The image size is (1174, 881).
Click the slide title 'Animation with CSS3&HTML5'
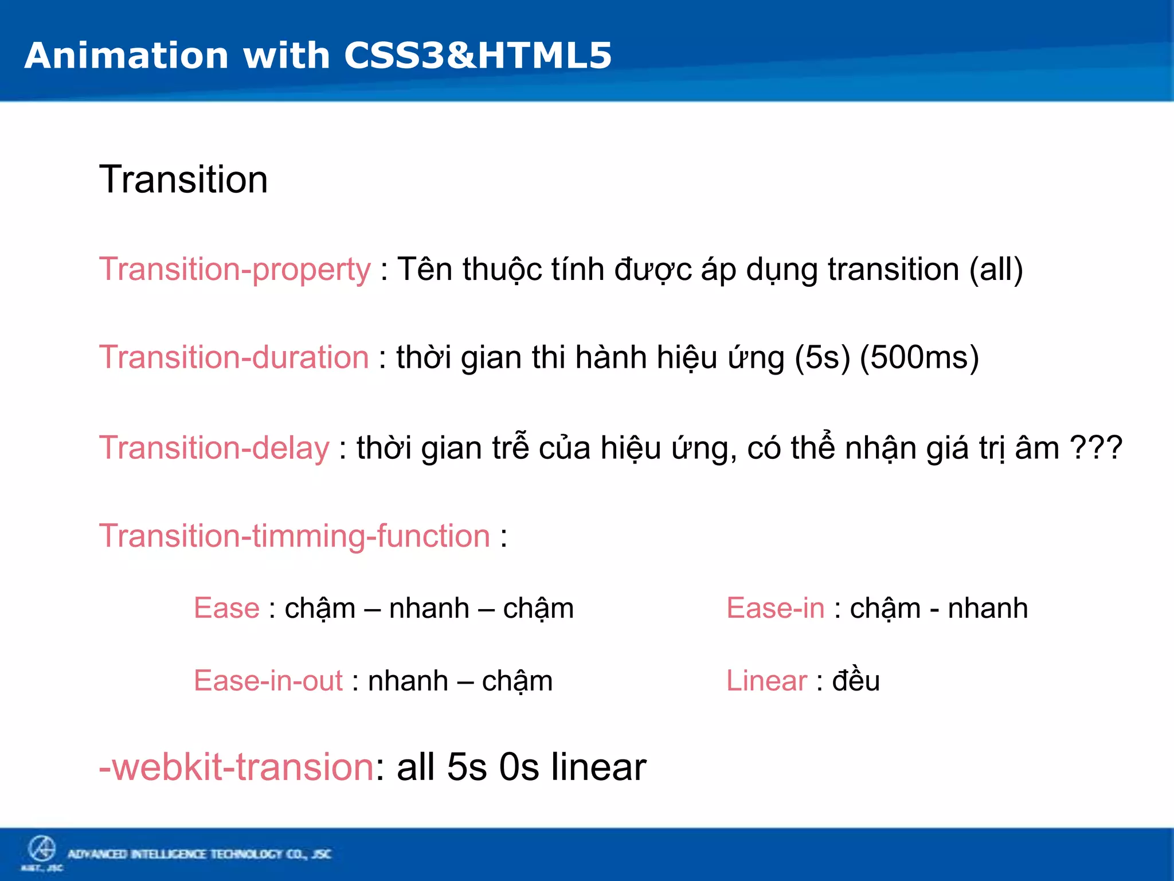(318, 56)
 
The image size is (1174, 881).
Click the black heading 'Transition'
(183, 180)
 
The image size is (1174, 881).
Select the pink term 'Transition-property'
(235, 270)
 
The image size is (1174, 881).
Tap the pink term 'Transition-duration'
(234, 357)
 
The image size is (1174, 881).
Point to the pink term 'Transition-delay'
(214, 448)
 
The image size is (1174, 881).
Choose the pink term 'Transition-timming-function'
(295, 536)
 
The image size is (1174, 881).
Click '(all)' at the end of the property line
(996, 270)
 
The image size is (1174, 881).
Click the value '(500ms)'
(919, 357)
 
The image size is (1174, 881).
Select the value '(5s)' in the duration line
(822, 357)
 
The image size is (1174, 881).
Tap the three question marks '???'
(1096, 448)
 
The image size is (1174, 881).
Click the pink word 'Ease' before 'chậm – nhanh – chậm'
(226, 608)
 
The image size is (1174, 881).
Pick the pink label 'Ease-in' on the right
(775, 608)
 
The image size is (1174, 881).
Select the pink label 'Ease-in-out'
(268, 681)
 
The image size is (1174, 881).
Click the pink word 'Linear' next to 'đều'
(766, 681)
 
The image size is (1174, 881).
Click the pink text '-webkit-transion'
(236, 767)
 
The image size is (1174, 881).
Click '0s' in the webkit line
(519, 767)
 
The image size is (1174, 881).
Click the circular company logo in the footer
(42, 849)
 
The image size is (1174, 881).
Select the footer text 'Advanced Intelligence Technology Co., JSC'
(199, 854)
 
